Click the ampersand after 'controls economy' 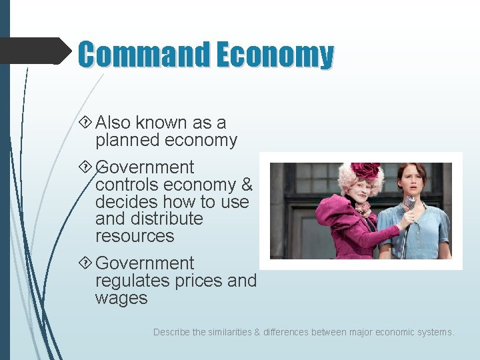(247, 185)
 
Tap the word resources (135, 236)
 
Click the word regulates (132, 281)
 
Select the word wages (121, 298)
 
